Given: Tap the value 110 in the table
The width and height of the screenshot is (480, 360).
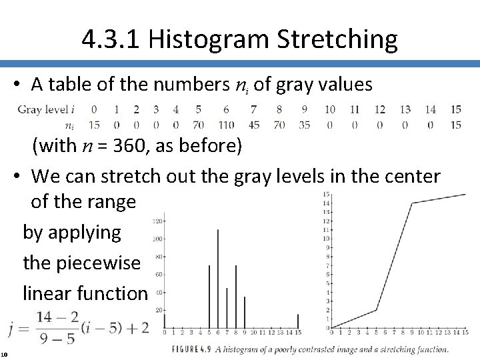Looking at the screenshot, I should (x=226, y=125).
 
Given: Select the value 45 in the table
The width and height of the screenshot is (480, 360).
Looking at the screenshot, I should (x=253, y=125).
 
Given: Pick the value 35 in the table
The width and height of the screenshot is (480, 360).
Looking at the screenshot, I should (x=304, y=125).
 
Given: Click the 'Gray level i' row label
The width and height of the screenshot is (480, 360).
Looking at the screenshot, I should (x=46, y=109).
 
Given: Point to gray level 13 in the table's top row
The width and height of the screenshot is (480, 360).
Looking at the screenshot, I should (x=405, y=109).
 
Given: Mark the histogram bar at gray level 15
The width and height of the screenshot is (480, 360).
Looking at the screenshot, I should (x=298, y=321).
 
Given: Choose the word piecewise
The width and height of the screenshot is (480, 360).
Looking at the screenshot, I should (x=81, y=263).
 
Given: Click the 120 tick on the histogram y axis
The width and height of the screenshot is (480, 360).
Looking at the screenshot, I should (x=159, y=221).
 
